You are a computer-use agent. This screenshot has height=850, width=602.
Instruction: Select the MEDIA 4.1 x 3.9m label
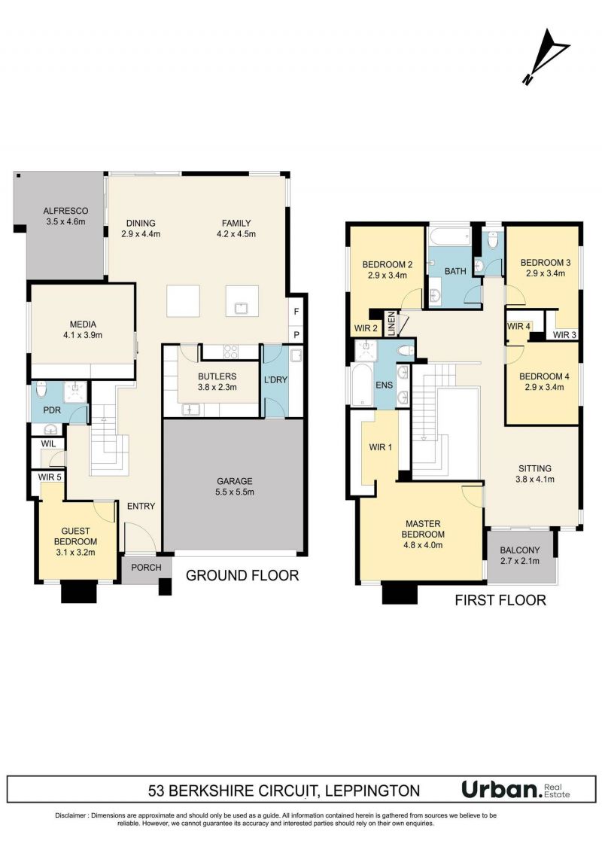coord(83,330)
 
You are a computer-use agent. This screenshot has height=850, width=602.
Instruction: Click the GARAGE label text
coord(235,481)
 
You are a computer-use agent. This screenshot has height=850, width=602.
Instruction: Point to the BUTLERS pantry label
coord(217,376)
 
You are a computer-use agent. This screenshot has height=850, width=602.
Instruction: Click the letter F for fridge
coord(296,312)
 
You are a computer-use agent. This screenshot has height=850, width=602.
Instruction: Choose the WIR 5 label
coord(50,477)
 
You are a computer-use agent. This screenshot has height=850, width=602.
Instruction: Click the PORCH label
coord(146,568)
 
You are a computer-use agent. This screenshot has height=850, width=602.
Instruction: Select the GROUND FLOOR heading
coord(242,576)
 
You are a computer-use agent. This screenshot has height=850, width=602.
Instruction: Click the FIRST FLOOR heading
coord(500,600)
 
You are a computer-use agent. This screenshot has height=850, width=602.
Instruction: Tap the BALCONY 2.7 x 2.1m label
coord(520,556)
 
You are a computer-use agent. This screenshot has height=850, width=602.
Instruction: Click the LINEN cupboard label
coord(391,324)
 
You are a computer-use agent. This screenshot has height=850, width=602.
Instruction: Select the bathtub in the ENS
coord(360,385)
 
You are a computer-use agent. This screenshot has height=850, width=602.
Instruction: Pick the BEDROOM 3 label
coord(546,262)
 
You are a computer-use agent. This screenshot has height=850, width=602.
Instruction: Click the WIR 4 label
coord(518,326)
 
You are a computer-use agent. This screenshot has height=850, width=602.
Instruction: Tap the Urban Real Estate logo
coord(515,789)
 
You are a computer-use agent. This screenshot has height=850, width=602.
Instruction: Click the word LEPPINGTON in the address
coord(372,791)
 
